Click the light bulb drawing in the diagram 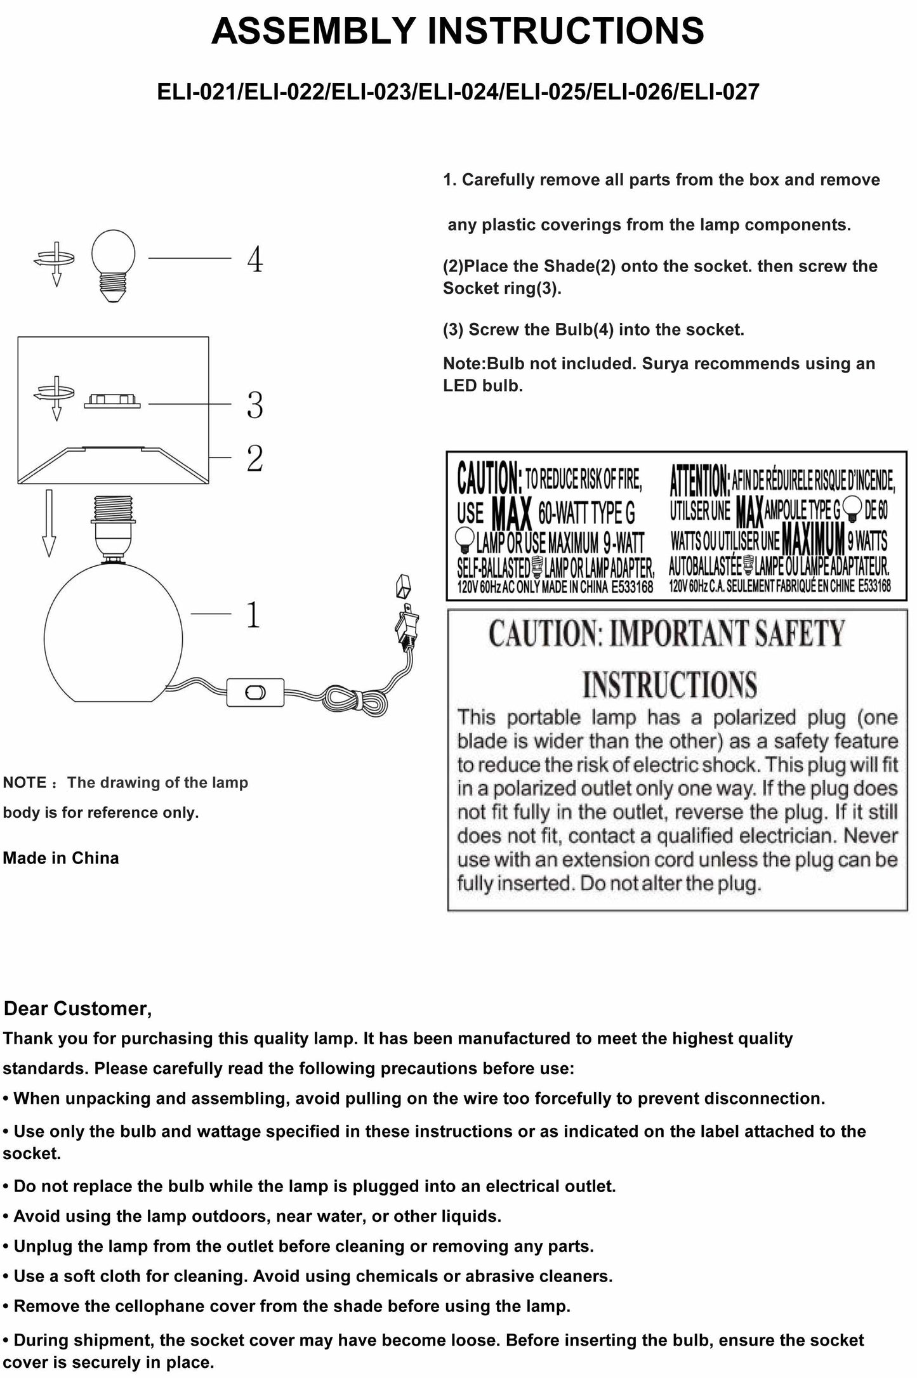tap(113, 265)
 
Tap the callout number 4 tap(254, 259)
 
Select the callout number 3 tap(254, 405)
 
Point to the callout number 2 tap(254, 458)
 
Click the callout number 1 tap(253, 614)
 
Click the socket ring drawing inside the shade tap(112, 402)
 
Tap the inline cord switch tap(256, 692)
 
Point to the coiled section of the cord tap(353, 701)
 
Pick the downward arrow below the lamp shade tap(49, 523)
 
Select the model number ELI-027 tap(718, 93)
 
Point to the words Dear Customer tap(77, 1009)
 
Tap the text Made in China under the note tap(61, 858)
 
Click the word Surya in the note tap(666, 364)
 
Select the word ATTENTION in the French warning tap(699, 481)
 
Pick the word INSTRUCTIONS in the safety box tap(670, 685)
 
